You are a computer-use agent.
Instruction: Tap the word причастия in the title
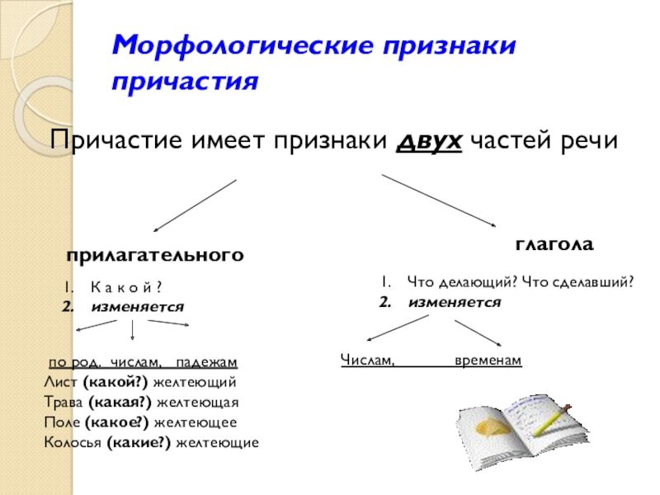click(x=186, y=82)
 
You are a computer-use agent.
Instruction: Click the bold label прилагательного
click(x=155, y=256)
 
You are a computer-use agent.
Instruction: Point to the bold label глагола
click(x=554, y=245)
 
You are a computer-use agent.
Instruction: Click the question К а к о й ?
click(x=125, y=288)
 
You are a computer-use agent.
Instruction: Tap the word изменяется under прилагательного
click(x=138, y=306)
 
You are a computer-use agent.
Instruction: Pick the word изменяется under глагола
click(x=455, y=302)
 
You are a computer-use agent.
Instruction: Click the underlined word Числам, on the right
click(x=368, y=361)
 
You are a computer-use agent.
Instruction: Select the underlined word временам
click(x=488, y=361)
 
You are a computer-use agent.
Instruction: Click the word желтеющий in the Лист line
click(x=203, y=383)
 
